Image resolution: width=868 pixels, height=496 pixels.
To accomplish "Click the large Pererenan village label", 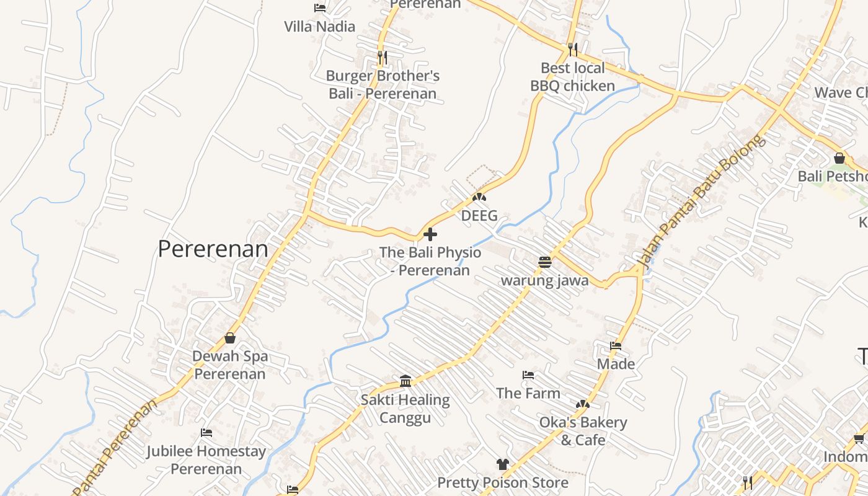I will (213, 249).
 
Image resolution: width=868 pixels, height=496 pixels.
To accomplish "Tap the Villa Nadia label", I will (319, 26).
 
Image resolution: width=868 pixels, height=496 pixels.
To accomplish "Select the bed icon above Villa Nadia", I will (320, 8).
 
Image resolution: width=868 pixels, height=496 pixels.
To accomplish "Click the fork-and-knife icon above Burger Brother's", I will (383, 58).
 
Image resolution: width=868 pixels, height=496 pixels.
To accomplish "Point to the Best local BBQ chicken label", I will (572, 77).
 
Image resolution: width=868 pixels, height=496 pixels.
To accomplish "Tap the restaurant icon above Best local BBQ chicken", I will (572, 49).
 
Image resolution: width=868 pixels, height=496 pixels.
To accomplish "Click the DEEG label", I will (479, 216).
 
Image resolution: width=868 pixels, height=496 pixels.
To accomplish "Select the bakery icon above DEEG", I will (479, 197).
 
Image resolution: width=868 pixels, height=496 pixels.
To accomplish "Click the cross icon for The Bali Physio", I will (430, 234).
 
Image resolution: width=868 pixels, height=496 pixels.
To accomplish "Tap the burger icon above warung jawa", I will (545, 262).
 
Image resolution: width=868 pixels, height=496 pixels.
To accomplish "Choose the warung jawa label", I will (544, 280).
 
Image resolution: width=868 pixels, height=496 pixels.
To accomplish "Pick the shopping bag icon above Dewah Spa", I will (230, 338).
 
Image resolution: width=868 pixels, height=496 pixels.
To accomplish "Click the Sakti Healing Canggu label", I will (405, 409).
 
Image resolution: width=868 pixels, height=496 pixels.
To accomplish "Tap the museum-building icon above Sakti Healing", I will (405, 381).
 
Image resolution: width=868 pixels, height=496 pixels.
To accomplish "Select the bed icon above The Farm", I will (528, 375).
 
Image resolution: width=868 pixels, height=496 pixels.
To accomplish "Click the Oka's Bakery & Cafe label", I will (583, 431).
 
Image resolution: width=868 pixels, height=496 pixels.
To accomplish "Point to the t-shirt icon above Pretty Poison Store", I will (502, 464).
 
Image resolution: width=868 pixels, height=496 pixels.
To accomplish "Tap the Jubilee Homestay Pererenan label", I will (206, 460).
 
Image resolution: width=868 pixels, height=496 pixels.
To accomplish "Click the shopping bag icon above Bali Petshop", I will (839, 158).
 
